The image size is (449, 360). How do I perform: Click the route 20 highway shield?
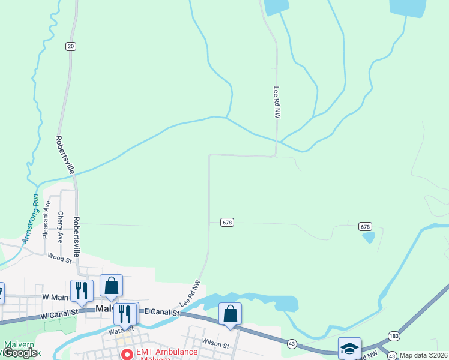pyautogui.click(x=71, y=46)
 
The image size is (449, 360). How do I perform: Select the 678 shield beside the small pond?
pyautogui.click(x=366, y=226)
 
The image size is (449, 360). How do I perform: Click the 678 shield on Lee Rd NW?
pyautogui.click(x=226, y=222)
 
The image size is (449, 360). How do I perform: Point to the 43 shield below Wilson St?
pyautogui.click(x=292, y=343)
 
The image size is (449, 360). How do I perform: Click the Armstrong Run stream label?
pyautogui.click(x=30, y=218)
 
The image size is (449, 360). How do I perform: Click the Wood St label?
pyautogui.click(x=59, y=257)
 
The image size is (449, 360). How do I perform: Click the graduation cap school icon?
pyautogui.click(x=350, y=348)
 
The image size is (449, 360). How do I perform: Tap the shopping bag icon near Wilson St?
pyautogui.click(x=230, y=313)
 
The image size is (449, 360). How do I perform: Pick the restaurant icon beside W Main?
pyautogui.click(x=82, y=290)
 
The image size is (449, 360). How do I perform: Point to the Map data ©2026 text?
pyautogui.click(x=424, y=355)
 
